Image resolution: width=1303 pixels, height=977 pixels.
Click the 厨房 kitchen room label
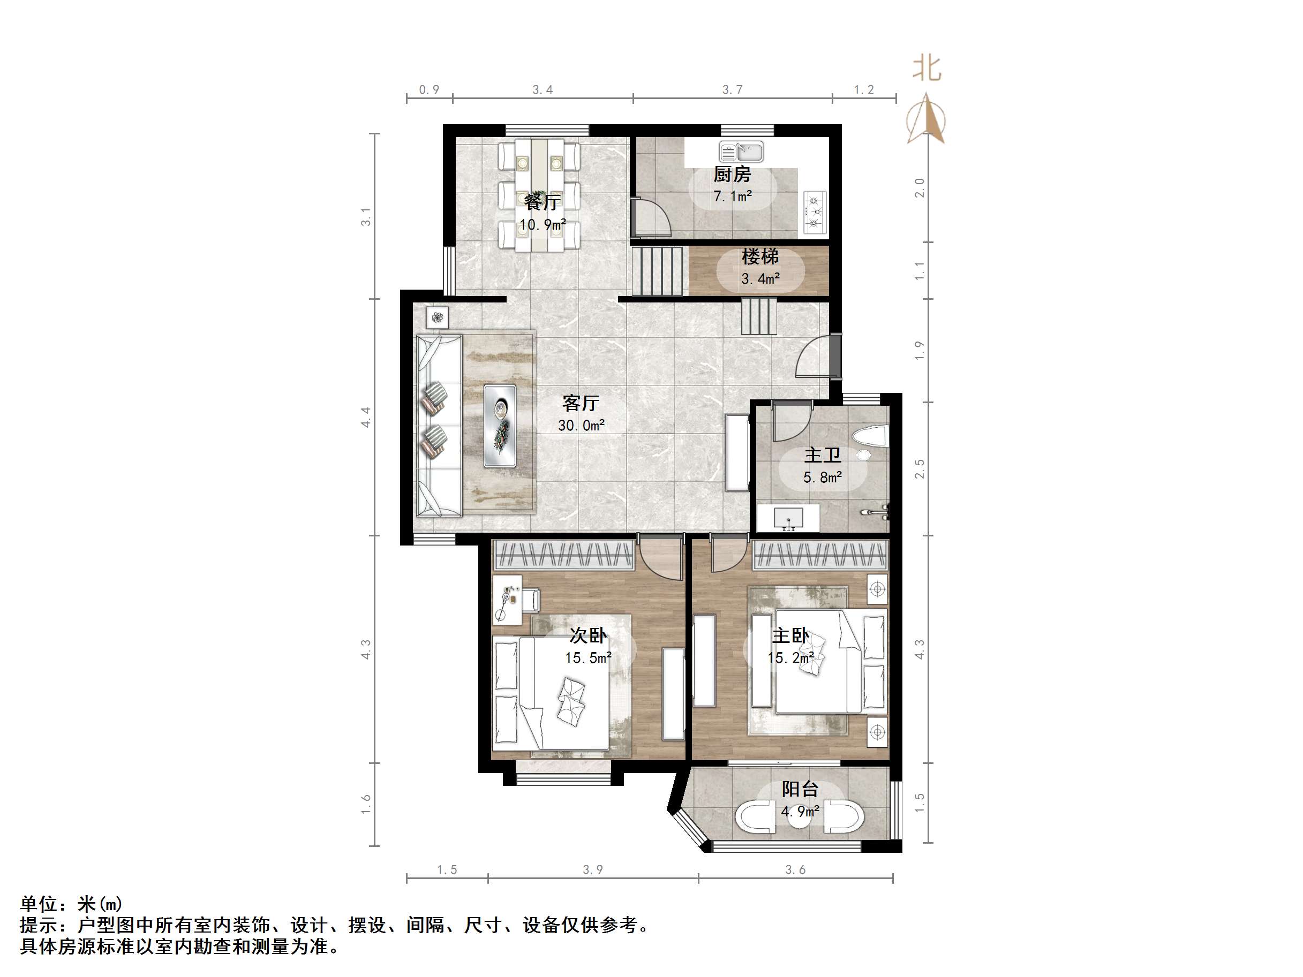coord(732,175)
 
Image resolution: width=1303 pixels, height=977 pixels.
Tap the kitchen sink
coord(741,152)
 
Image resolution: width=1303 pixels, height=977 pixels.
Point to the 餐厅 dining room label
coord(542,202)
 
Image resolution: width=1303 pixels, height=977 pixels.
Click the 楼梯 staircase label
coord(760,257)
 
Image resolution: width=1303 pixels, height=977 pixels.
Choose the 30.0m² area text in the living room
coord(581,425)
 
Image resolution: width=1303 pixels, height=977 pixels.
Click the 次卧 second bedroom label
coord(588,635)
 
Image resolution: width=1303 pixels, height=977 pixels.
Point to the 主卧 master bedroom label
coord(790,635)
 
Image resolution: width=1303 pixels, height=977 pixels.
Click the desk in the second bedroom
coord(507,600)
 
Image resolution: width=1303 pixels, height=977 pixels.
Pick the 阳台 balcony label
coord(800,789)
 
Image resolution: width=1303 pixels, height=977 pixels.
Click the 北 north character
coord(927,69)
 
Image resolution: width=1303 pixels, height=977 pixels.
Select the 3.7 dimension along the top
coord(732,89)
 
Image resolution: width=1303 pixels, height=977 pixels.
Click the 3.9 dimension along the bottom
coord(593,870)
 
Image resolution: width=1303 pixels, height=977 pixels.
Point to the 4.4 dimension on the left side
coord(366,417)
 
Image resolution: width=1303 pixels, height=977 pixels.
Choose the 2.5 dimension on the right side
coord(920,469)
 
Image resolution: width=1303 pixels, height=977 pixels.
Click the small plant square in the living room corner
coord(437,318)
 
